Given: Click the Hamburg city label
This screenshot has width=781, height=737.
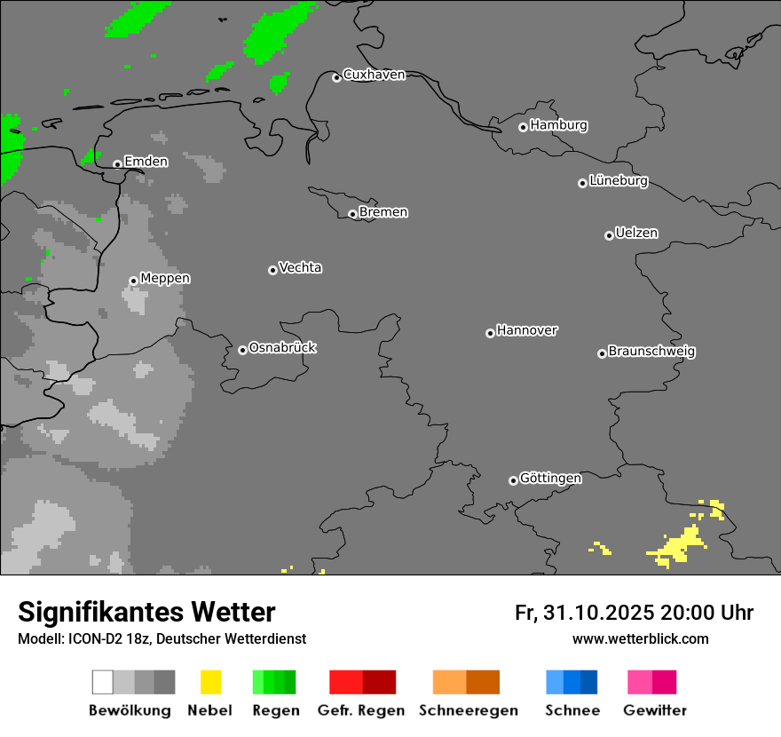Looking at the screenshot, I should [x=558, y=125].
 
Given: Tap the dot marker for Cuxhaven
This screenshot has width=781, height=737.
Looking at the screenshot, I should [x=336, y=78].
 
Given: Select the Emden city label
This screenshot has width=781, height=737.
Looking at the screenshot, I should [x=146, y=162].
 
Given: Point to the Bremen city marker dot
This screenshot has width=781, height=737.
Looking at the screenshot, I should [x=352, y=214].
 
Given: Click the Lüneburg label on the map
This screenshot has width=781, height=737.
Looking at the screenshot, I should [x=619, y=181].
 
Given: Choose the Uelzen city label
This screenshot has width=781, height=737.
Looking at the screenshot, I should [x=636, y=234].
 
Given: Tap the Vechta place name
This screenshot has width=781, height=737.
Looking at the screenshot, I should [x=300, y=268].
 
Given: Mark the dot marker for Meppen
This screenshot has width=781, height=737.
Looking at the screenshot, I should [x=133, y=281].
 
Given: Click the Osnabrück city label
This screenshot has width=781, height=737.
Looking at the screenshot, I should [x=282, y=348].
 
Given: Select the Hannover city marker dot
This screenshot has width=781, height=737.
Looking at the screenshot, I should [x=490, y=333].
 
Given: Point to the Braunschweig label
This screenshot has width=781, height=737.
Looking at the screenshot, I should [x=651, y=352].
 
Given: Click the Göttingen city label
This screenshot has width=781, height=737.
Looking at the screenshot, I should [x=550, y=479].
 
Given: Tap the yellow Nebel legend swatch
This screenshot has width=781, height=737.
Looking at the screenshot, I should [x=210, y=682].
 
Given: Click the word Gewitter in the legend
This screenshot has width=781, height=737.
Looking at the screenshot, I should [x=655, y=710].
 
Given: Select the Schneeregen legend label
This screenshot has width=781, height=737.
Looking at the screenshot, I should [x=468, y=710].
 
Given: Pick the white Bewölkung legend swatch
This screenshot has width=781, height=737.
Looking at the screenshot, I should [x=102, y=682].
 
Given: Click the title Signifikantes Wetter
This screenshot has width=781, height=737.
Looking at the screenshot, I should [x=146, y=612].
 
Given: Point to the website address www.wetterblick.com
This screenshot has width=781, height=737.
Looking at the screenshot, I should [x=640, y=638].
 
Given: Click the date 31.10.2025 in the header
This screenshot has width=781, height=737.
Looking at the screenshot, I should [x=599, y=613].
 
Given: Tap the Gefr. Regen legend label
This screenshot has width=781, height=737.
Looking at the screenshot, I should [x=361, y=710].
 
